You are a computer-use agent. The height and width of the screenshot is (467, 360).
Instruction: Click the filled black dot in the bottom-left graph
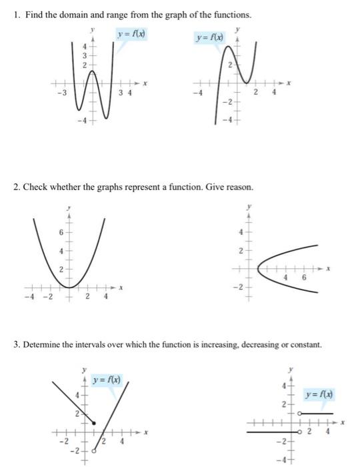(93, 423)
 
